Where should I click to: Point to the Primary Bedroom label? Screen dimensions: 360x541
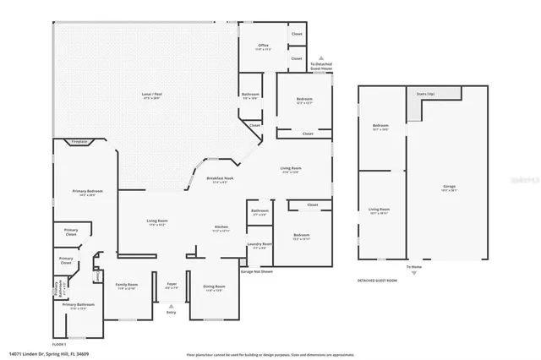(x=85, y=194)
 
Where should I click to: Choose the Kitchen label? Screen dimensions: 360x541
(x=221, y=228)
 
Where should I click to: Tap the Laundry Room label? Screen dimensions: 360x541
(x=259, y=245)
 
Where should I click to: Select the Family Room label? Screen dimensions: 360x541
(x=127, y=286)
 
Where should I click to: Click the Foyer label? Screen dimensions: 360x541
(x=172, y=286)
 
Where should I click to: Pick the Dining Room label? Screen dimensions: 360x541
(x=213, y=287)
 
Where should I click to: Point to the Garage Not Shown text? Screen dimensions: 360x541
(x=256, y=272)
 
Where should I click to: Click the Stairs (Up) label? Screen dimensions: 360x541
(x=424, y=94)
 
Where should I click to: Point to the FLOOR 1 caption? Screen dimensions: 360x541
(x=58, y=345)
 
